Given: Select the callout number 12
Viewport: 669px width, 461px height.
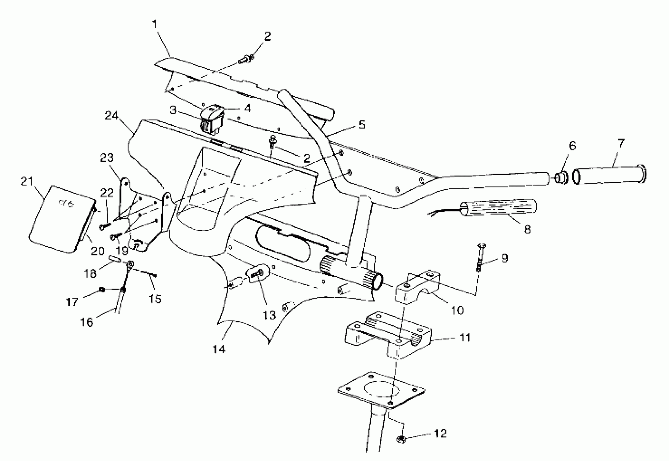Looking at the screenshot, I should (440, 433).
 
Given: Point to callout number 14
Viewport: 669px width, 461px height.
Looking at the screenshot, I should (218, 349).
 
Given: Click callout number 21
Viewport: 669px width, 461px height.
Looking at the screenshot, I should (27, 181).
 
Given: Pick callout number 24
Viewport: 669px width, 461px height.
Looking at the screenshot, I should (111, 116).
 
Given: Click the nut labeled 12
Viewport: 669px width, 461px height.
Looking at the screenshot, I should (402, 439).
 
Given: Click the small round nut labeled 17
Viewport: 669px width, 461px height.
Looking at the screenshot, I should (102, 289).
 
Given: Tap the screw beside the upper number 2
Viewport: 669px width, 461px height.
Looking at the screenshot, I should (245, 59).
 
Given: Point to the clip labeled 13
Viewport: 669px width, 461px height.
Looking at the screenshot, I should (258, 273).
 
